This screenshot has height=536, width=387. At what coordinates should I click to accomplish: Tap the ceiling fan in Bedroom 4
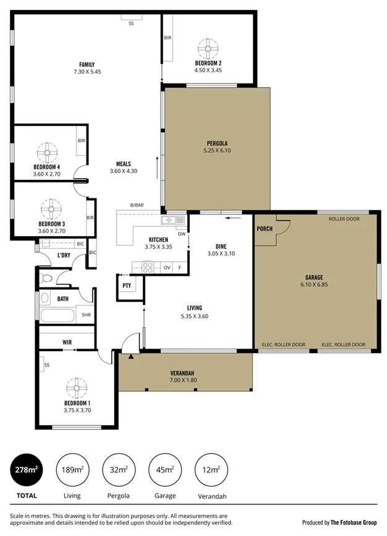(47, 152)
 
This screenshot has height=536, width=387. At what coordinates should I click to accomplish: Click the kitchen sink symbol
(172, 220)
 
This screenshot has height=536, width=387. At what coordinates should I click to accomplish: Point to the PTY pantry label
(127, 286)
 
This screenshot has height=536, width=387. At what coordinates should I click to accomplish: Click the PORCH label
(264, 229)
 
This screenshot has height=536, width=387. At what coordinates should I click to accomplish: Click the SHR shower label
(87, 315)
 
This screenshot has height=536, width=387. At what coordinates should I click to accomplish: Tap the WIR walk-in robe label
(68, 342)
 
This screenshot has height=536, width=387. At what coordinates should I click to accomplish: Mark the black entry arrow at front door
(130, 357)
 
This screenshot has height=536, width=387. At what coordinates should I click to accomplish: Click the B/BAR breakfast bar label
(137, 205)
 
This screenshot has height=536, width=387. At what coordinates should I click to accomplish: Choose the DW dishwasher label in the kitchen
(181, 234)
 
